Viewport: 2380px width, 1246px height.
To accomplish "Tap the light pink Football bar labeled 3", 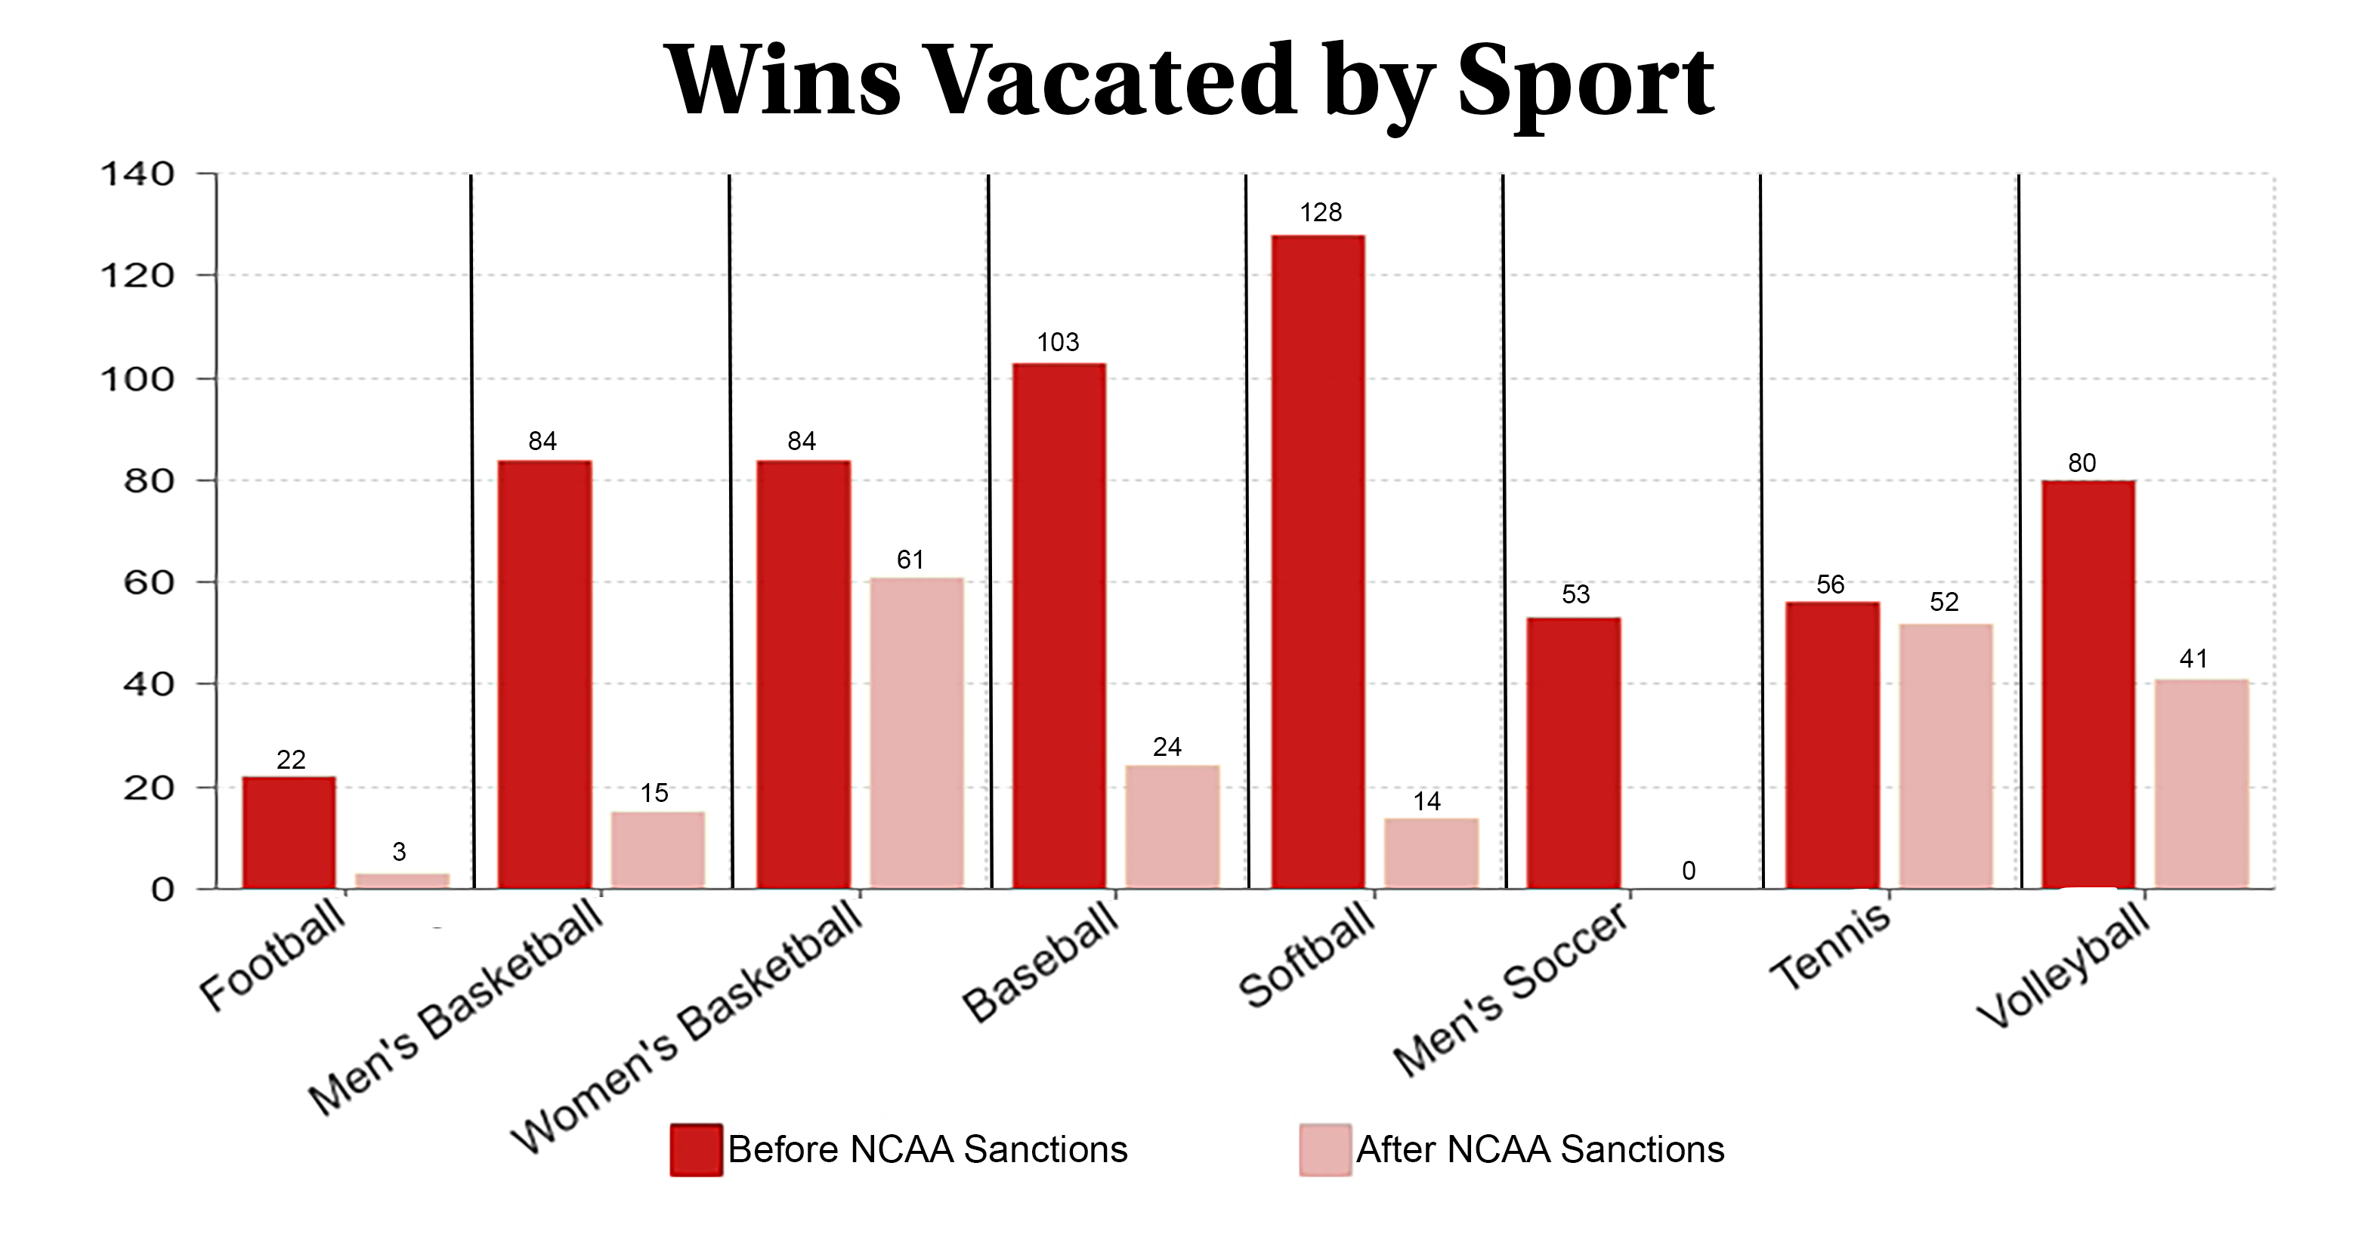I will [x=402, y=881].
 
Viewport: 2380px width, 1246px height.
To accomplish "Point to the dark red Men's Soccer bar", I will [x=1573, y=753].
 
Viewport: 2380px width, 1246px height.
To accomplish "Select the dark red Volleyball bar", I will [x=2088, y=683].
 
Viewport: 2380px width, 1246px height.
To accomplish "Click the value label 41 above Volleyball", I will [x=2193, y=658].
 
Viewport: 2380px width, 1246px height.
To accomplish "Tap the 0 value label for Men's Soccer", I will [x=1688, y=870].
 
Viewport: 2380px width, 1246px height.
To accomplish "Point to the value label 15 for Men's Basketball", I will [x=654, y=792].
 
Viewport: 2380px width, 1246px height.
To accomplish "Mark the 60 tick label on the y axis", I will [x=149, y=583].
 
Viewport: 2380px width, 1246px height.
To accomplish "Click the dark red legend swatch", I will [x=696, y=1149].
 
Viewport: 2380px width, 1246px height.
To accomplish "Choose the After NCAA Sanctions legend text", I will [x=1539, y=1149].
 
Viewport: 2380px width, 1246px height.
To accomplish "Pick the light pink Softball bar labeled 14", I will [x=1430, y=853].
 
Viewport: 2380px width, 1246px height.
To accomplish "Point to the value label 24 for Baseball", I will [x=1167, y=746].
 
